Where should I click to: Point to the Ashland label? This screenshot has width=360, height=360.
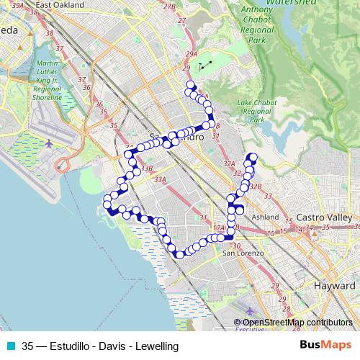click(265, 217)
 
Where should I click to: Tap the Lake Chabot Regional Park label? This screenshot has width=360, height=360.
click(253, 111)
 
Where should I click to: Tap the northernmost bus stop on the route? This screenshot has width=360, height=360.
click(191, 85)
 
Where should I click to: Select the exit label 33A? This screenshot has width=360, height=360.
click(160, 179)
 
